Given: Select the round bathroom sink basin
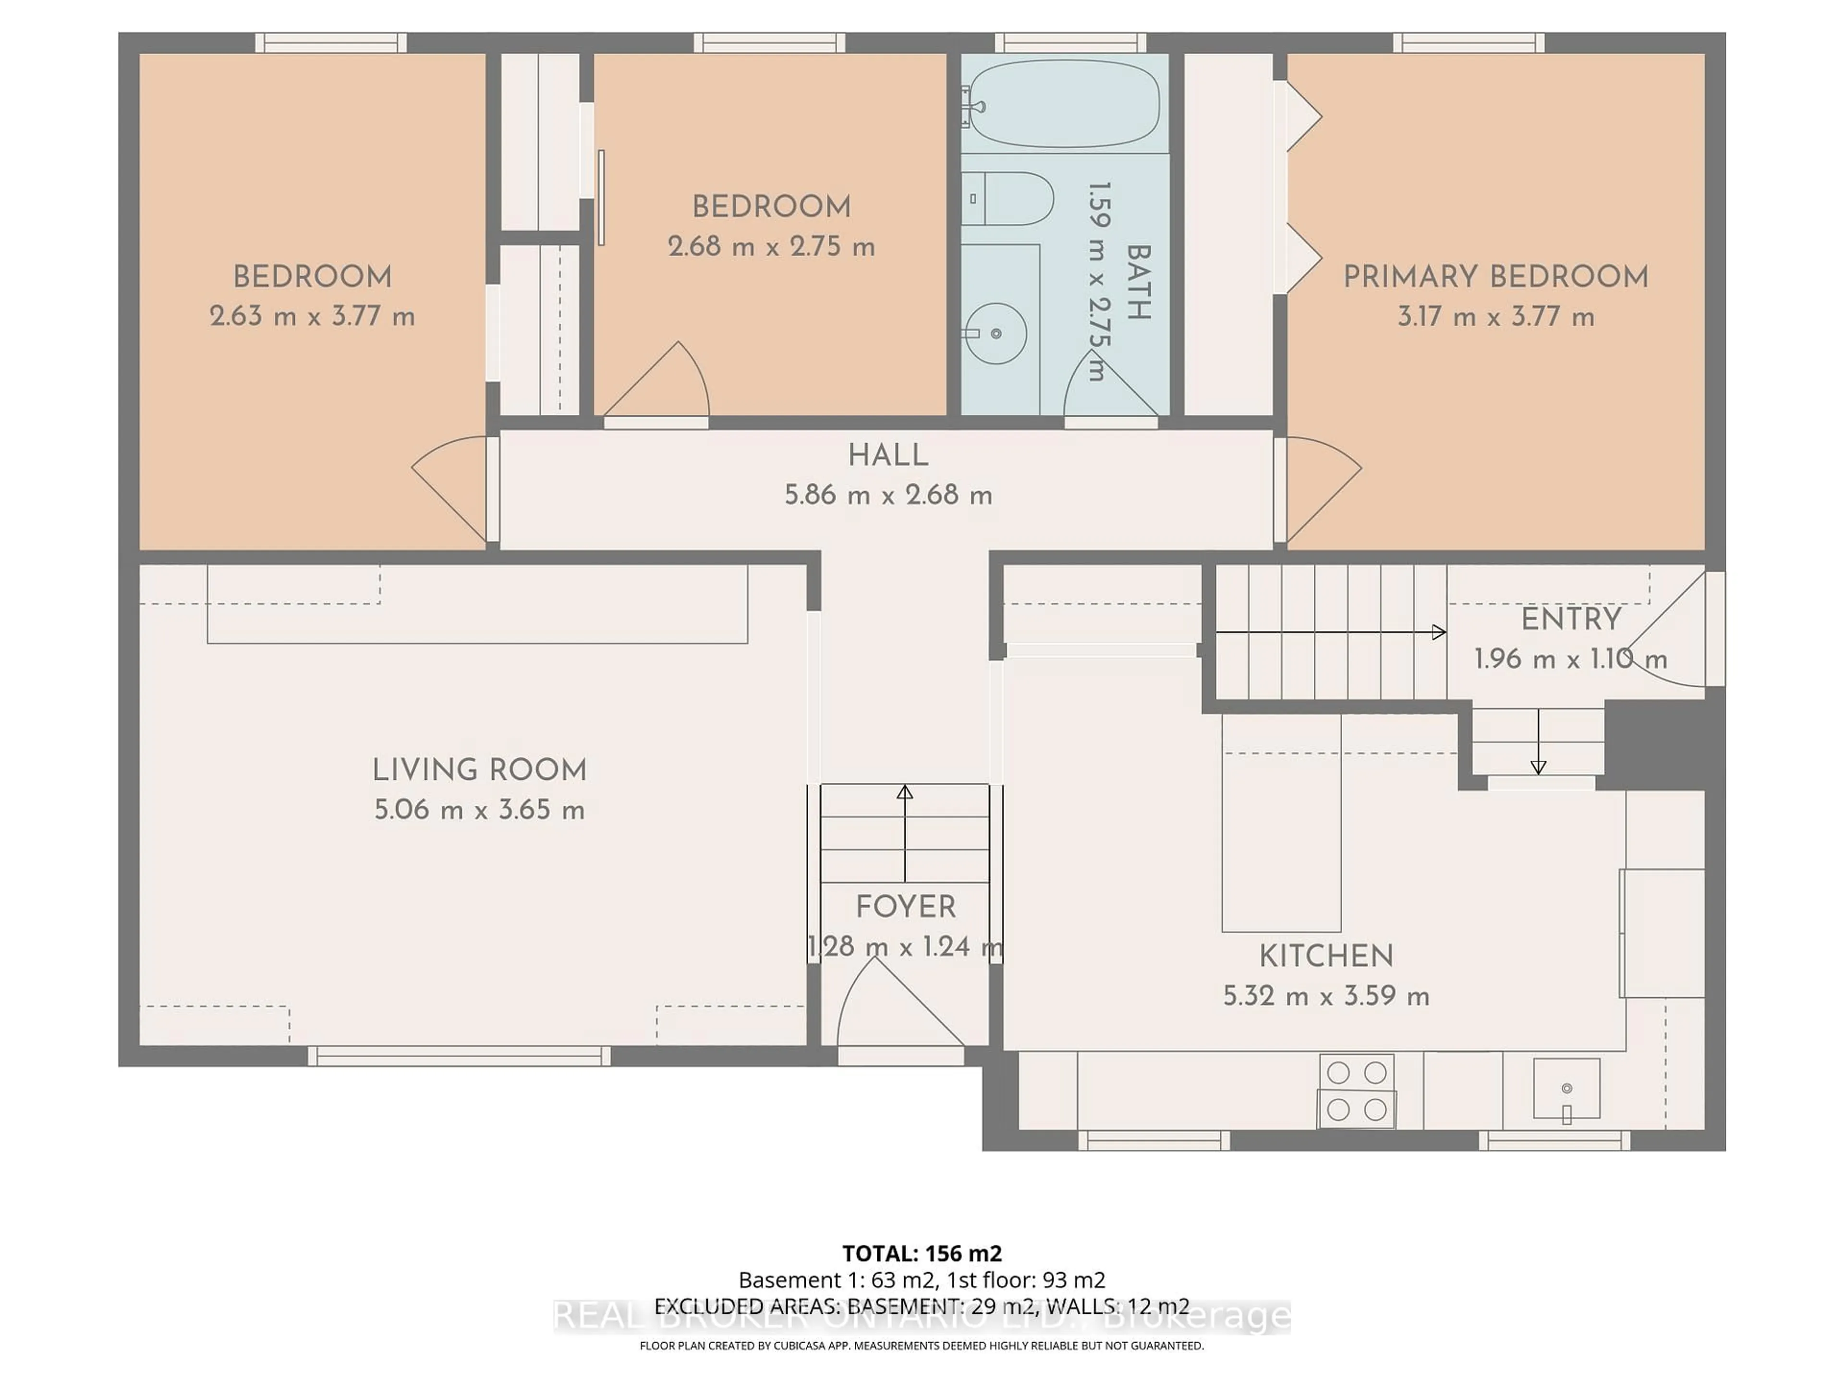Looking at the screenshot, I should point(997,333).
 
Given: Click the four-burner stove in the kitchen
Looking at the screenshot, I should point(1356,1091).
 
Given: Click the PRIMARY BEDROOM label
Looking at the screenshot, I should point(1495,277).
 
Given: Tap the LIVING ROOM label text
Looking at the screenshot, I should point(479,769).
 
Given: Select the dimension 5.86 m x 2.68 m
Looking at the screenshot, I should point(888,495).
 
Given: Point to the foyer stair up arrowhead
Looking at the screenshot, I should point(905,792).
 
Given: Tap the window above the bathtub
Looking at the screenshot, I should point(1070,43).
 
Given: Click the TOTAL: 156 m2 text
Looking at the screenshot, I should point(922,1253).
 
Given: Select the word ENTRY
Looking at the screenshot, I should point(1571,619).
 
